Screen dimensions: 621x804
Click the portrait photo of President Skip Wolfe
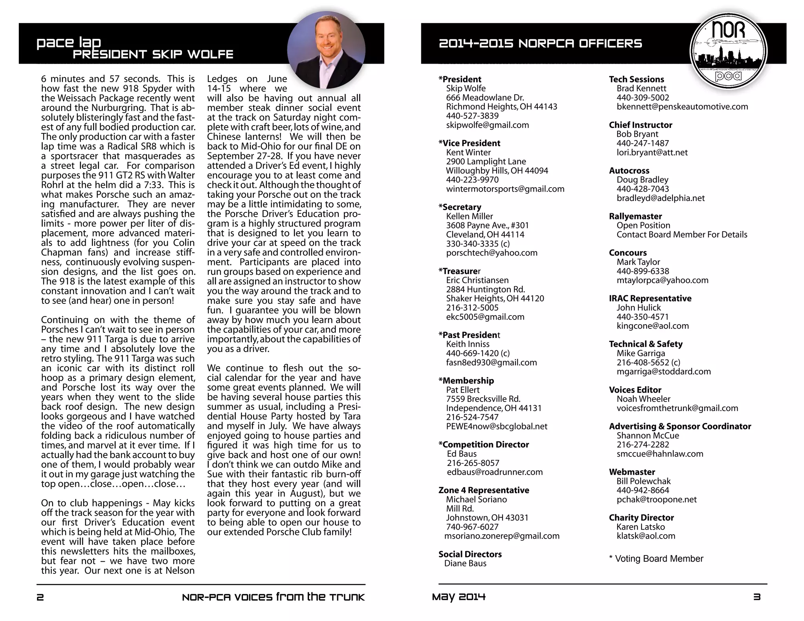click(326, 50)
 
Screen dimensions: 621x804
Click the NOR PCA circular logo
click(728, 51)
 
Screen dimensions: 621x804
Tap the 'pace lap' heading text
click(69, 42)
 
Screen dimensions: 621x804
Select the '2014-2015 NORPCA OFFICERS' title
click(540, 44)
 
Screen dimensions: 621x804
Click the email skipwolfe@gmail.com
click(487, 125)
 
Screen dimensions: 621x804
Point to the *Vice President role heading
click(469, 143)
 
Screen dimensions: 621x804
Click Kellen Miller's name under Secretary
click(469, 216)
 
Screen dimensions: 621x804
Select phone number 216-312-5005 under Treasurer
click(472, 308)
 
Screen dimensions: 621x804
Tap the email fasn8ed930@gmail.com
click(491, 363)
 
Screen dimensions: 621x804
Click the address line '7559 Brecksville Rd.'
click(483, 399)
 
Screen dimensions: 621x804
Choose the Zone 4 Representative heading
click(484, 490)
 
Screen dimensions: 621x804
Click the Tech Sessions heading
click(636, 79)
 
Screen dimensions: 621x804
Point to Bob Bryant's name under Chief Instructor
click(637, 134)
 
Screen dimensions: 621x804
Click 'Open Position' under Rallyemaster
click(643, 225)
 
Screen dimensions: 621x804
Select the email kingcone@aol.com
click(652, 326)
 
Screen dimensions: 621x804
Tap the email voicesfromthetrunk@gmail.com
click(677, 408)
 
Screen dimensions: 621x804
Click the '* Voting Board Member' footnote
click(656, 559)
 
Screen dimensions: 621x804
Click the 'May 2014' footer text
click(459, 597)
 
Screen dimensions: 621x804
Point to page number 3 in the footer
click(757, 597)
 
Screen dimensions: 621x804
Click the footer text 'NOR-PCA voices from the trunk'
click(273, 597)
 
